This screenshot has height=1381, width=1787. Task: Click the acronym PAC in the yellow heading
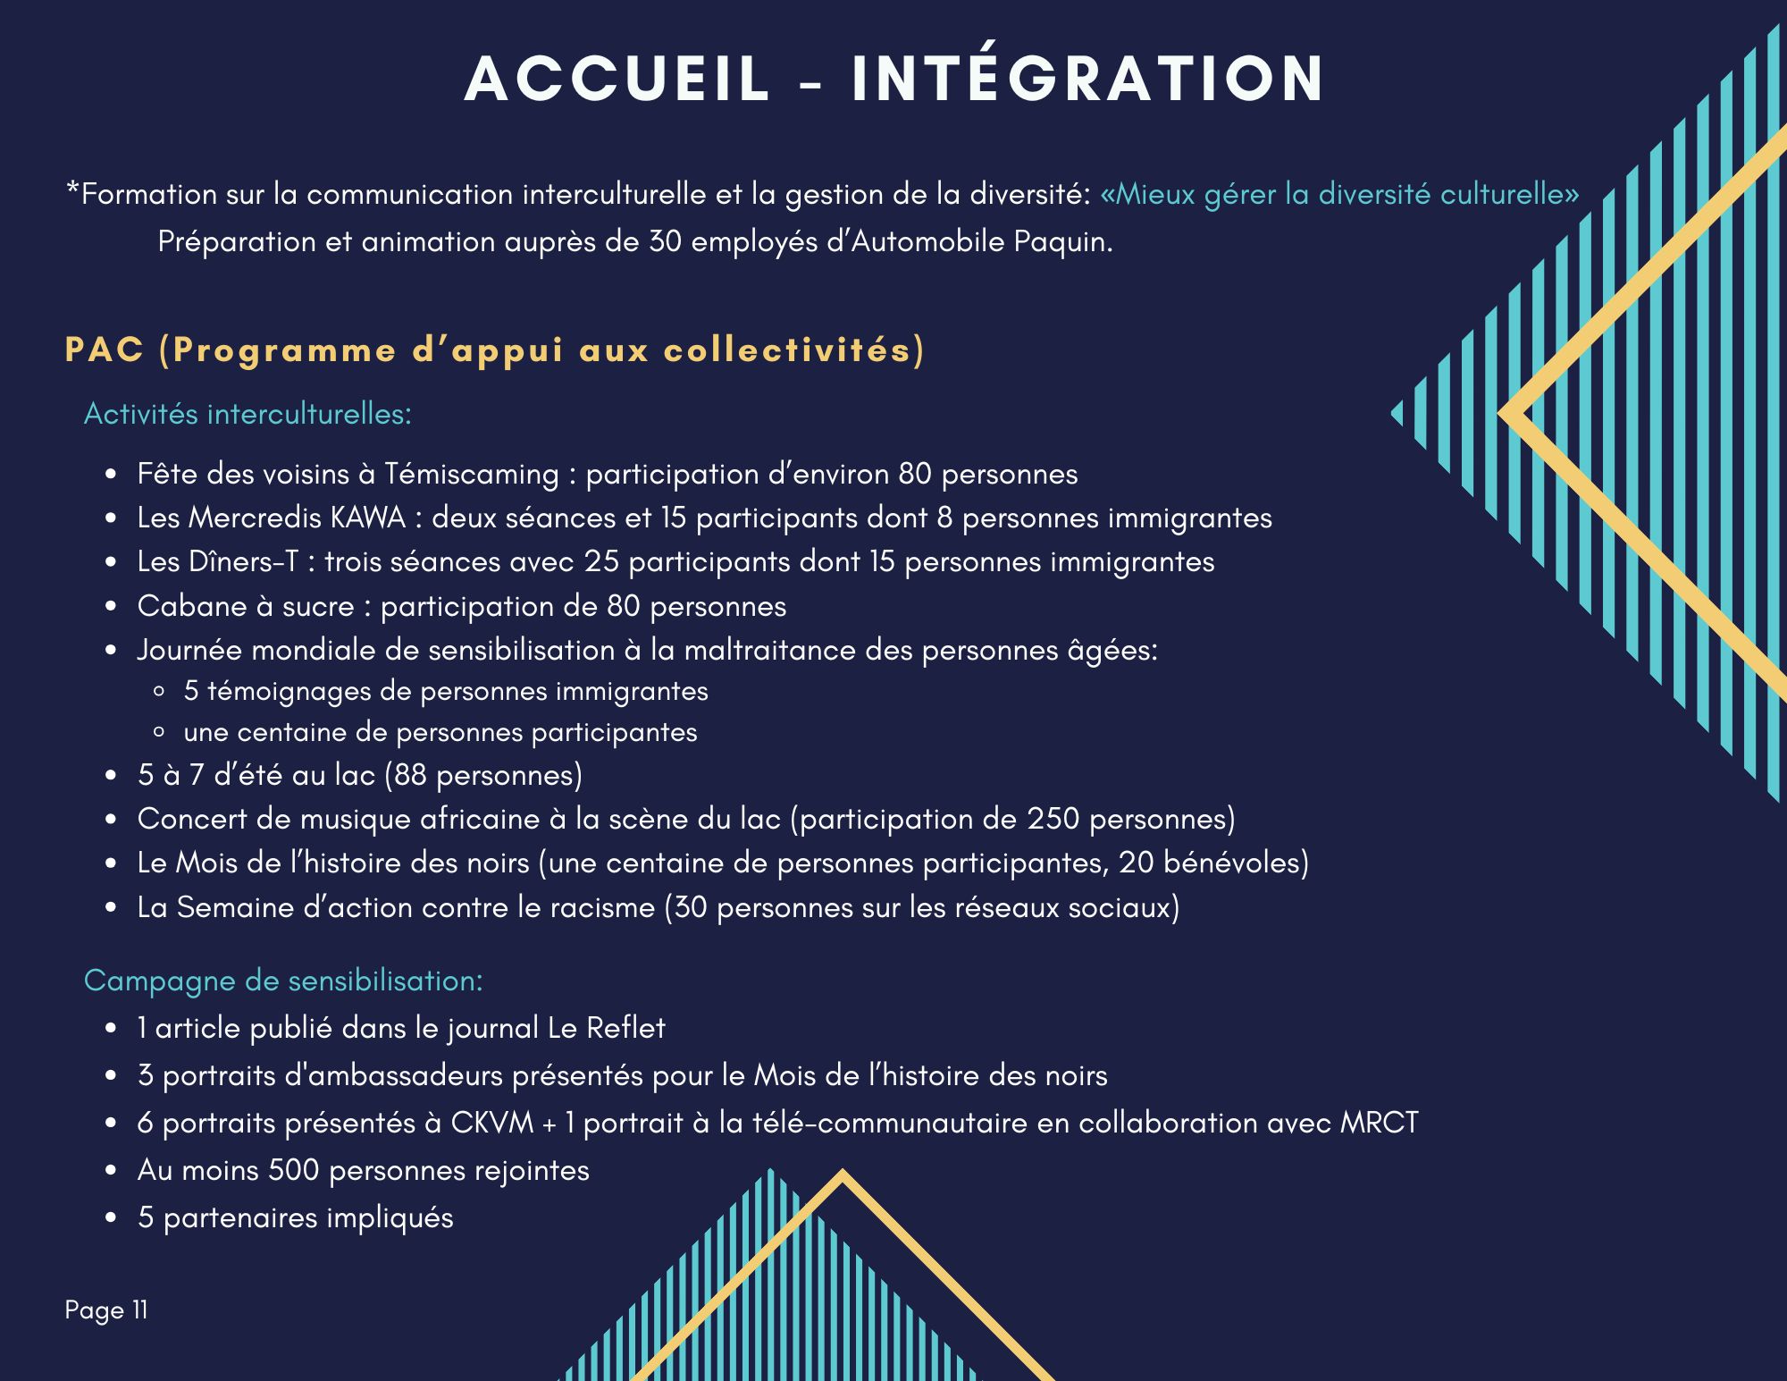tap(105, 349)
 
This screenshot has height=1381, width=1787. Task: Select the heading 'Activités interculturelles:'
tap(247, 414)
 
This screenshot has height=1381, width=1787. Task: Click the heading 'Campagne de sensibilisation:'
tap(283, 981)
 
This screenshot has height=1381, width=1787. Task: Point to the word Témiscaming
tap(471, 474)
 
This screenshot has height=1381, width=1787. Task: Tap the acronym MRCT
tap(1379, 1123)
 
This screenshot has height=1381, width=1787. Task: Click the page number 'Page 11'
tap(106, 1310)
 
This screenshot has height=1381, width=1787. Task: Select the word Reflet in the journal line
tap(625, 1028)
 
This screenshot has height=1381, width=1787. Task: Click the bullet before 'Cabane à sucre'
tap(111, 607)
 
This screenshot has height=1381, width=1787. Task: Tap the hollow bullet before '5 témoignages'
tap(159, 692)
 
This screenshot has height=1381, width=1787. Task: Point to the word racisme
tap(603, 907)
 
